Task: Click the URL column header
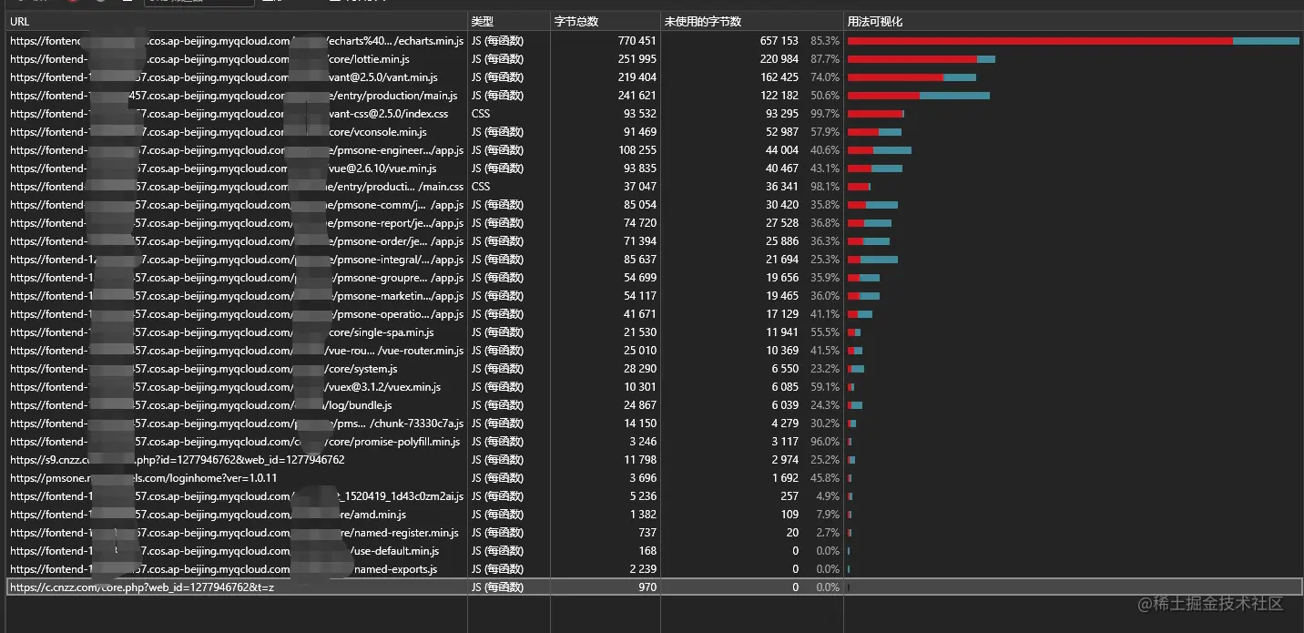pos(20,21)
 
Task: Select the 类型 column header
pos(482,21)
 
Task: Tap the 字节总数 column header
pos(576,21)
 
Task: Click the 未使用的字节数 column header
pos(703,21)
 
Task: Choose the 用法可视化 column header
pos(875,21)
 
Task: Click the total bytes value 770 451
pos(637,41)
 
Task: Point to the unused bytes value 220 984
pos(779,59)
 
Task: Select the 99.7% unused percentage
pos(825,114)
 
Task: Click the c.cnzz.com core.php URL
pos(142,587)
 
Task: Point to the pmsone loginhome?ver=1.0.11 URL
pos(144,478)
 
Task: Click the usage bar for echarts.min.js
pos(1072,41)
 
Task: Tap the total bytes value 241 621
pos(637,96)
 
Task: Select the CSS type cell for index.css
pos(481,114)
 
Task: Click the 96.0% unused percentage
pos(825,442)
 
